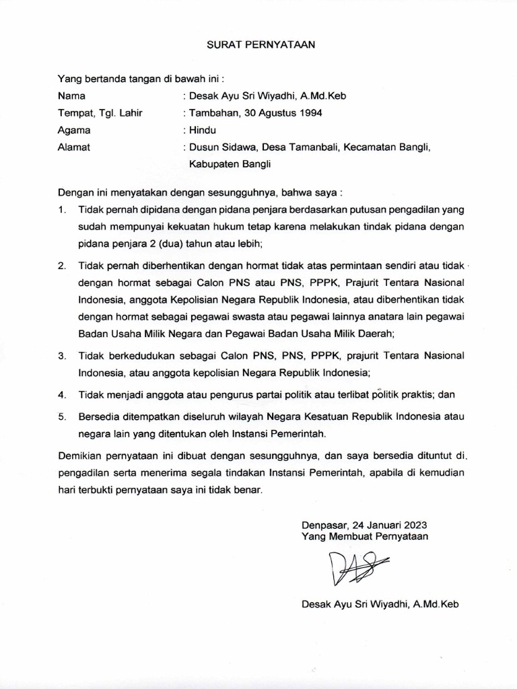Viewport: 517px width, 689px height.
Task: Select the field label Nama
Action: [72, 96]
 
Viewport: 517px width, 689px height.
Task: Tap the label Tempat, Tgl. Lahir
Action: [100, 112]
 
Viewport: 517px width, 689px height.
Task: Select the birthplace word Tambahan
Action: [214, 112]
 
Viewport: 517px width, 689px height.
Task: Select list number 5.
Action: [61, 416]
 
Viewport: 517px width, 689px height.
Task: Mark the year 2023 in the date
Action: [413, 525]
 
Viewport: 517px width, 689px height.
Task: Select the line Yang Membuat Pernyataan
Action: [364, 536]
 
